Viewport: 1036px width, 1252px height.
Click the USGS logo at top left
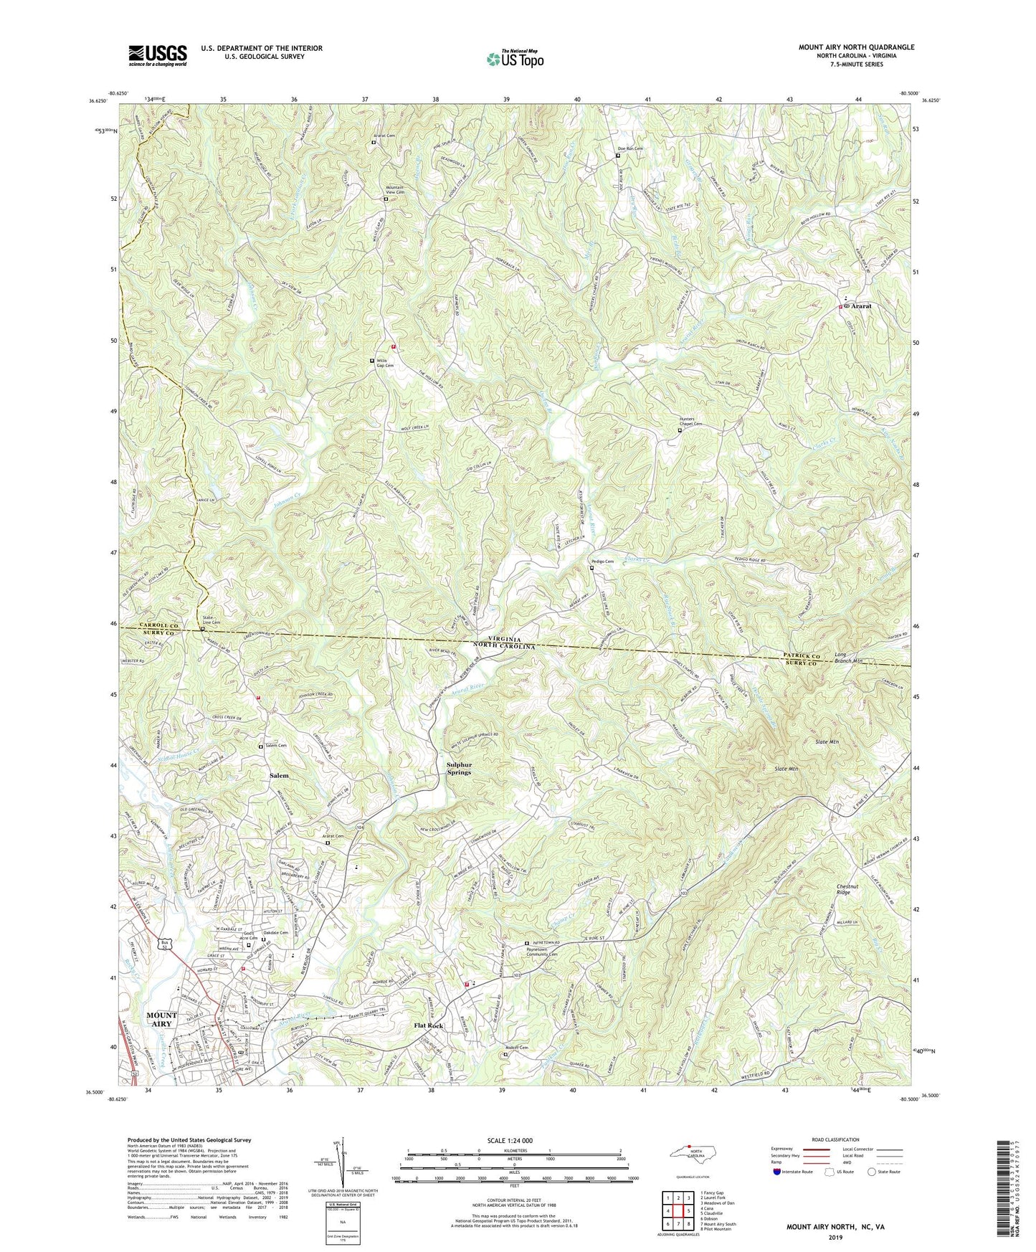click(158, 55)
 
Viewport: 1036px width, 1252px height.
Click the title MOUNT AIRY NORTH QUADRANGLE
click(856, 47)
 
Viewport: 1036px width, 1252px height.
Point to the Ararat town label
click(861, 306)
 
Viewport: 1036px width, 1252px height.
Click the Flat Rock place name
click(429, 1025)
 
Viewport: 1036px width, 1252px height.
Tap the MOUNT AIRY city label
click(161, 1020)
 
